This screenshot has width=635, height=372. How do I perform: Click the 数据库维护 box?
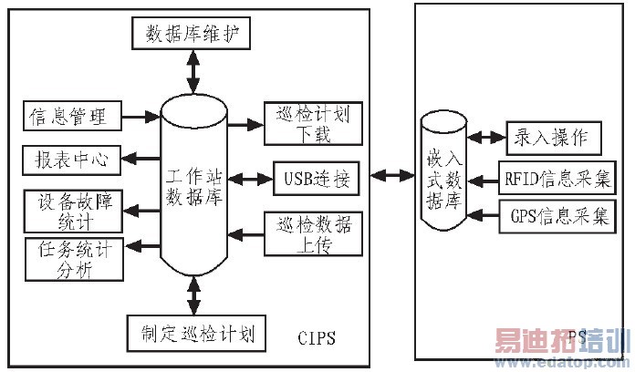click(192, 36)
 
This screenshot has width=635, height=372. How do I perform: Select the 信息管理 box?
click(69, 117)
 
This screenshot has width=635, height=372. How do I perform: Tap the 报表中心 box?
click(69, 160)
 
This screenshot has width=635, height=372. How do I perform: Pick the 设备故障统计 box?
click(69, 210)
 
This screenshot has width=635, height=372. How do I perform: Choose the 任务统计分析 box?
click(69, 261)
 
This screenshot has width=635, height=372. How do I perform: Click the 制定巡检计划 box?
click(197, 333)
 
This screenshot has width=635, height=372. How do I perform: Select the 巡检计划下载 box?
click(311, 124)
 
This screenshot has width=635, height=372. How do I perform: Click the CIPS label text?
click(317, 339)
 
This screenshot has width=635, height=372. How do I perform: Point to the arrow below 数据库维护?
click(192, 70)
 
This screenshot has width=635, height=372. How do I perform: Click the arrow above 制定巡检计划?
click(193, 295)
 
